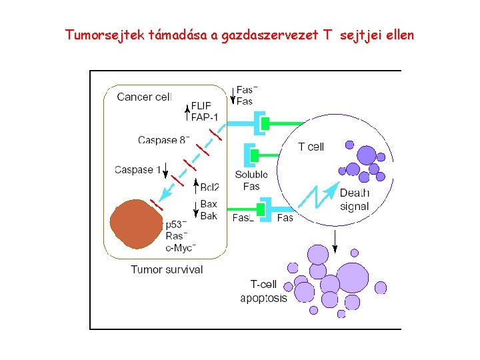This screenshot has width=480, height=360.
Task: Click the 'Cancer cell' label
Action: click(144, 97)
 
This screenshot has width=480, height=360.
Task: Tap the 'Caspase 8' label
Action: click(163, 140)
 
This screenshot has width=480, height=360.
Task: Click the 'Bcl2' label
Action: click(209, 186)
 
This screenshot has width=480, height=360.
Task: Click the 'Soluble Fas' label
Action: click(251, 180)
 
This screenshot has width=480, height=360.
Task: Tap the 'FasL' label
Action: click(243, 218)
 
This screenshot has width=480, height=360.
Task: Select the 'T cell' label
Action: click(311, 147)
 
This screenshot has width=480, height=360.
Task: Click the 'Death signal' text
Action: click(354, 199)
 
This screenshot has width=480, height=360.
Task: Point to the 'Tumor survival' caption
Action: click(167, 269)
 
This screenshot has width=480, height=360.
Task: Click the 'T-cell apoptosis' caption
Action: click(264, 291)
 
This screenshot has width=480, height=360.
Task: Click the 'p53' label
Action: click(175, 225)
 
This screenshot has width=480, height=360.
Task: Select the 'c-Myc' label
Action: click(180, 248)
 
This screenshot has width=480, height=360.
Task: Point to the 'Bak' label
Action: click(209, 215)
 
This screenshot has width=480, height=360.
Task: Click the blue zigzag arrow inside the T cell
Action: click(318, 197)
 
